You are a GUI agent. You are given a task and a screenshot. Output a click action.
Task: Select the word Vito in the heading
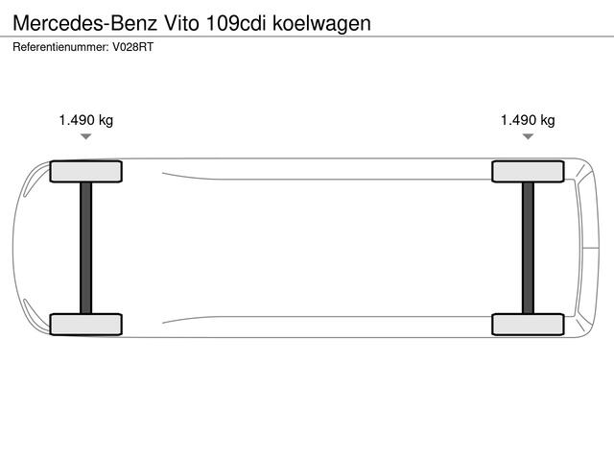[x=183, y=23]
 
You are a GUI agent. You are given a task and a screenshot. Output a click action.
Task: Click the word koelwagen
[x=323, y=23]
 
